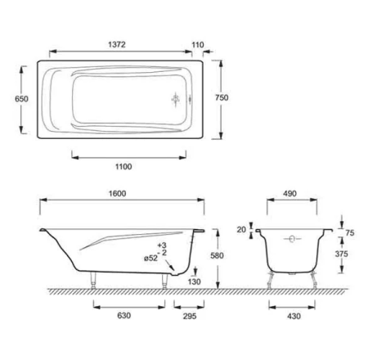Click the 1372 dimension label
pyautogui.click(x=117, y=44)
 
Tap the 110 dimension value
pyautogui.click(x=198, y=45)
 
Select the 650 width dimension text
pyautogui.click(x=21, y=99)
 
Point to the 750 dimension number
pyautogui.click(x=222, y=97)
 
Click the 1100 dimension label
pyautogui.click(x=123, y=167)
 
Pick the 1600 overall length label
pyautogui.click(x=118, y=194)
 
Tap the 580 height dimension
pyautogui.click(x=217, y=255)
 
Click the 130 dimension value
pyautogui.click(x=194, y=281)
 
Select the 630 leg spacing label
pyautogui.click(x=124, y=316)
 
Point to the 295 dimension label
pyautogui.click(x=190, y=316)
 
